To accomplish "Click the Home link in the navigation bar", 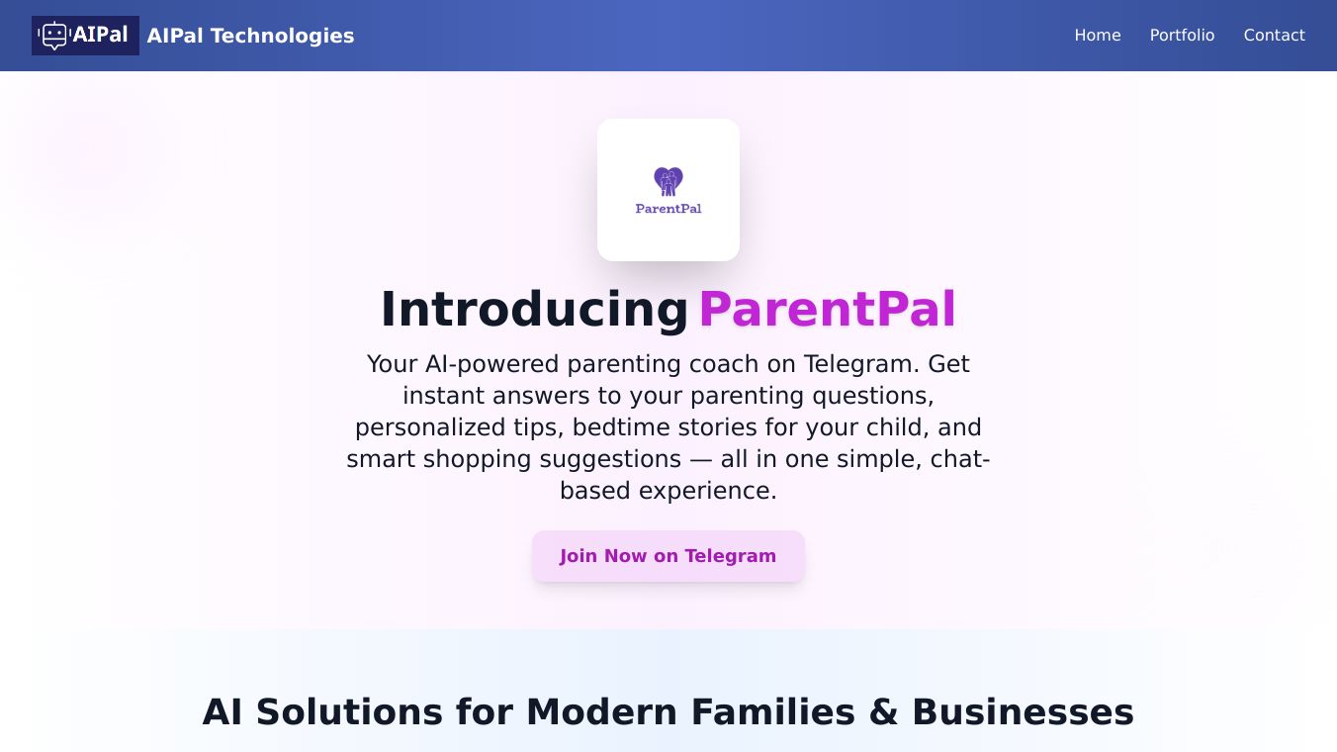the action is click(x=1097, y=36).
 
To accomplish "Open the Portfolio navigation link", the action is click(x=1182, y=36).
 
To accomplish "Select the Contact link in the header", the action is click(x=1274, y=36).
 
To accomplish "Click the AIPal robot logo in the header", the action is click(x=85, y=36).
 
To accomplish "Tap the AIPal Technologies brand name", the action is click(x=250, y=36).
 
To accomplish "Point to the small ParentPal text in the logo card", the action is click(x=668, y=209).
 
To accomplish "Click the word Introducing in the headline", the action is click(x=534, y=310).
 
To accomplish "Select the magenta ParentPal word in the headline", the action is click(x=828, y=310).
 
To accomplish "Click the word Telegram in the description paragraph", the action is click(x=861, y=364).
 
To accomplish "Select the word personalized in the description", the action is click(x=430, y=427).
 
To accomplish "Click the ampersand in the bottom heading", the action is click(x=883, y=712).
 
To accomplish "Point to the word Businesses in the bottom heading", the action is click(x=1023, y=712).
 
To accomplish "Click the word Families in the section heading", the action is click(x=773, y=712).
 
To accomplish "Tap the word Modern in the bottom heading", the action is click(x=601, y=712).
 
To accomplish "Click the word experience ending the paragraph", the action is click(x=707, y=491).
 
